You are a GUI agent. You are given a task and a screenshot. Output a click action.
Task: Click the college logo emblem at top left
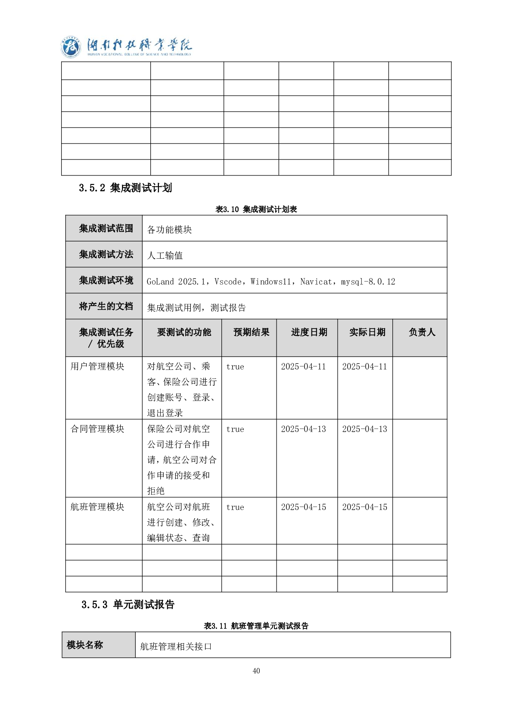coord(71,47)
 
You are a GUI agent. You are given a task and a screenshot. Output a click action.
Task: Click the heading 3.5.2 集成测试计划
coord(125,188)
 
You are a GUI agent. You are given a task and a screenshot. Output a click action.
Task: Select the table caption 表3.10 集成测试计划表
coord(256,210)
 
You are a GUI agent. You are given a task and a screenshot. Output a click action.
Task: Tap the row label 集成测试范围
coord(106,228)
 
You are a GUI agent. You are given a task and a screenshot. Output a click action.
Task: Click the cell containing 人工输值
coord(165,256)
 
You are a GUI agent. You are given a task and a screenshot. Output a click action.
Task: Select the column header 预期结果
coord(251,332)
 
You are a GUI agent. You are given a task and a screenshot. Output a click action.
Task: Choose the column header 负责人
coord(422,332)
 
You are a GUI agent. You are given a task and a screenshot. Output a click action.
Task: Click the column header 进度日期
coord(309,332)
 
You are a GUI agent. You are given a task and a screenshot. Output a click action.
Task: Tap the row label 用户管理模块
coord(97,366)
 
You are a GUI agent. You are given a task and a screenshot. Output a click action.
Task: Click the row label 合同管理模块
coord(97,429)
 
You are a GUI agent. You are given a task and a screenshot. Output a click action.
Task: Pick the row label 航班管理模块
coord(97,507)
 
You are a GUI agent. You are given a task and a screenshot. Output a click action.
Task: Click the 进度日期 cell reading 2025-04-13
coord(303,429)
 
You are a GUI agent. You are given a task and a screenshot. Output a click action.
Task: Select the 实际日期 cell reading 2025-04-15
coord(364,507)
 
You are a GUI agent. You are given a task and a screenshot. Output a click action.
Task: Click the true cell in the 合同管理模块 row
coord(235,429)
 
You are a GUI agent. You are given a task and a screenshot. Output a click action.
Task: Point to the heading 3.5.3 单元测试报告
coord(128,604)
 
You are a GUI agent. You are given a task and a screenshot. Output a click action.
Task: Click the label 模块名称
coord(85,645)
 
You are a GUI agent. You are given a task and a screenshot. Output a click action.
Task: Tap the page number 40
coord(256,671)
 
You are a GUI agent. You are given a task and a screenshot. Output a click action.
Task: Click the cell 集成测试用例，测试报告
coord(196,308)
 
